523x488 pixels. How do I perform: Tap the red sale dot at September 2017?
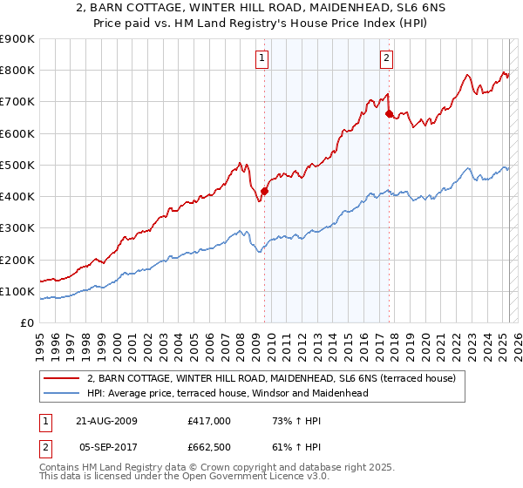coord(389,113)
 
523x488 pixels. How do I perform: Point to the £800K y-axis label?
coord(17,71)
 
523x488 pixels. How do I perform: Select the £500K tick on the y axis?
coord(17,165)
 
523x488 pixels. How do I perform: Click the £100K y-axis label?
coord(17,291)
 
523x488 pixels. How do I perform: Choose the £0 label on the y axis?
coord(26,323)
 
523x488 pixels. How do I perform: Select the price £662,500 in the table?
coord(207,447)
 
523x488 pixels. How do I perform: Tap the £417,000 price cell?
coord(207,421)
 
